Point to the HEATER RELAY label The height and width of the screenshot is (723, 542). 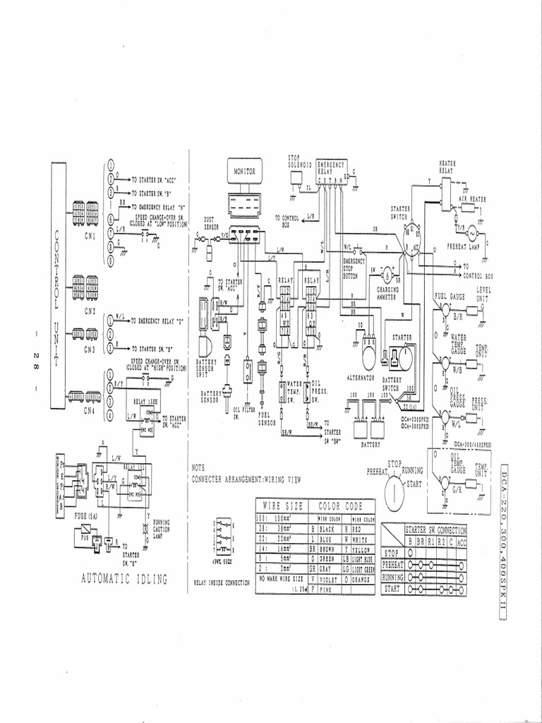[447, 166]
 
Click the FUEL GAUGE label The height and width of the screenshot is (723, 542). [449, 295]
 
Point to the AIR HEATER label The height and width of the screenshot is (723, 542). [472, 200]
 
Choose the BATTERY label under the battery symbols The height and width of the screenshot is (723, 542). [371, 446]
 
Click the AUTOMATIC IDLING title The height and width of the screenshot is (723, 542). [124, 579]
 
